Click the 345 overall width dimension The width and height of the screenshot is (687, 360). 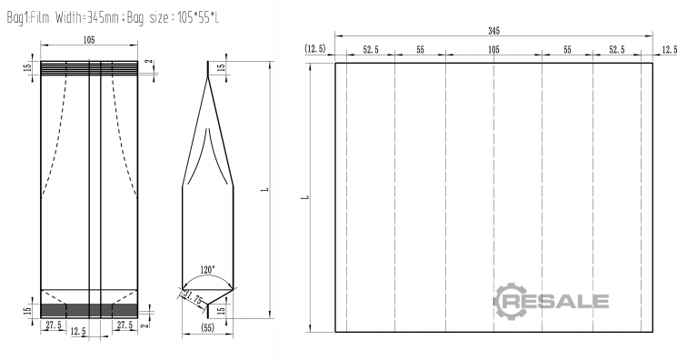493,31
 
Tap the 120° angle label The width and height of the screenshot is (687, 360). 208,269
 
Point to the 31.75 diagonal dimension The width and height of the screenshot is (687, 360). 194,298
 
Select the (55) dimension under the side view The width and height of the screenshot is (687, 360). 207,327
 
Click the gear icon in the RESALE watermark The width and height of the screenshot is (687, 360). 510,301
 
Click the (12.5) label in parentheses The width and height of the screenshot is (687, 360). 315,48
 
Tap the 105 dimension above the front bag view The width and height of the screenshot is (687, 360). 89,40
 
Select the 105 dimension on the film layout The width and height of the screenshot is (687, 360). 493,50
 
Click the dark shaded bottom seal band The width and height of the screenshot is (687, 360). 89,310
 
